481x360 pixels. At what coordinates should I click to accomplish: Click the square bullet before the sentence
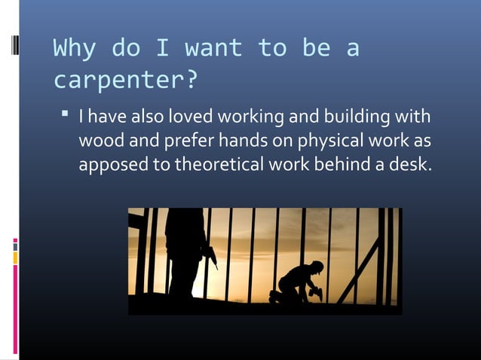coord(66,116)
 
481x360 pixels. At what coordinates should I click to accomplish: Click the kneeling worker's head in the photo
coord(317,267)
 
